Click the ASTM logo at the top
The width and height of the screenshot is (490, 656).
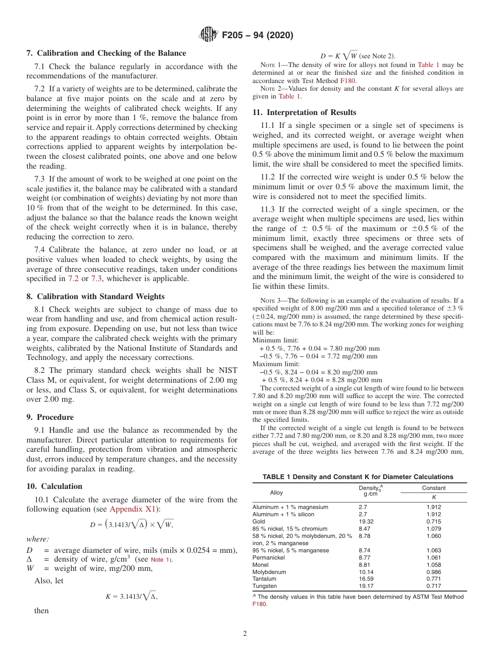(x=208, y=35)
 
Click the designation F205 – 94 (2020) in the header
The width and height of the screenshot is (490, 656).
(x=257, y=36)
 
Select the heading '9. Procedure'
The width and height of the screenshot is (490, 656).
(x=50, y=417)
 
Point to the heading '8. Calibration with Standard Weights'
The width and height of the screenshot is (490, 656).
(x=95, y=297)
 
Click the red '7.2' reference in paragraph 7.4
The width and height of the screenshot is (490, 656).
(x=74, y=278)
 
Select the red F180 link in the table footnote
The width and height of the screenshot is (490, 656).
(x=259, y=604)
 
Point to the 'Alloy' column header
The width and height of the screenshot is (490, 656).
(x=276, y=493)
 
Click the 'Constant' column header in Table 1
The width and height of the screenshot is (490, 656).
(x=433, y=488)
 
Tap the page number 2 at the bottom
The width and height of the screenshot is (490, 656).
(x=245, y=634)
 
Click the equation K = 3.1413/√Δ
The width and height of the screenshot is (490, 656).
(x=132, y=596)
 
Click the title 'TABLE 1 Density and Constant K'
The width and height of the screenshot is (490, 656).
(x=358, y=477)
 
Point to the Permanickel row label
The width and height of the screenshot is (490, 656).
(x=269, y=557)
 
